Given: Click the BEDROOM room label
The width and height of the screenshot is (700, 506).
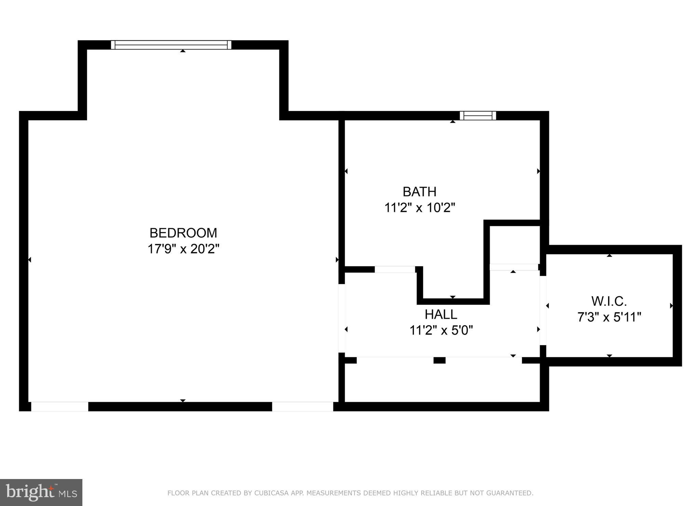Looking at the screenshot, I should click(x=183, y=233).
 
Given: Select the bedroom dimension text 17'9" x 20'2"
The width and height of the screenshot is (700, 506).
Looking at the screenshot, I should click(x=183, y=249).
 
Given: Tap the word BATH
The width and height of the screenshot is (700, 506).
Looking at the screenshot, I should click(x=419, y=192).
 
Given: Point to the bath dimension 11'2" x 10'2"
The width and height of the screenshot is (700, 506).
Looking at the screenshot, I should click(x=420, y=208).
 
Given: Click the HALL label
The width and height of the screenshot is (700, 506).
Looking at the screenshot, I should click(x=441, y=314).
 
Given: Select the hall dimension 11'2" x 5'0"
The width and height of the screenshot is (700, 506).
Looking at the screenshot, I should click(x=441, y=330).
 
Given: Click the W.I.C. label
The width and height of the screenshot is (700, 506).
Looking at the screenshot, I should click(x=609, y=301).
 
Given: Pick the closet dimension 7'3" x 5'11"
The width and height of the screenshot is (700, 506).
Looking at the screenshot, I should click(x=609, y=317).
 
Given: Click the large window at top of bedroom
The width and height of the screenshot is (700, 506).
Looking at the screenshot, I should click(x=171, y=45).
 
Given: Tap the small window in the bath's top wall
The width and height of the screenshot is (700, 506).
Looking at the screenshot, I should click(x=478, y=115).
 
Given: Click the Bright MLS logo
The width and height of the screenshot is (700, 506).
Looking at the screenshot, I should click(x=41, y=492).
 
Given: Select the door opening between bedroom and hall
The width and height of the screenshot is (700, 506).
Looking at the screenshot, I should click(x=341, y=318).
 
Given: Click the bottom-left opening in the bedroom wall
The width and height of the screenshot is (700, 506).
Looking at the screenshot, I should click(x=60, y=407).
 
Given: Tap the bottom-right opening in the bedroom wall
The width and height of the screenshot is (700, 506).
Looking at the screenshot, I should click(x=302, y=407).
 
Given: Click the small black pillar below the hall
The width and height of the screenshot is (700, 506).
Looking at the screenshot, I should click(x=440, y=360).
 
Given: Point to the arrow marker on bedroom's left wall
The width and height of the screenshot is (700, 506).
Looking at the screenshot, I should click(x=29, y=260).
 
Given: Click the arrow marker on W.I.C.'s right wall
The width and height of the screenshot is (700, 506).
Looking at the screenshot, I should click(x=671, y=306).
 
